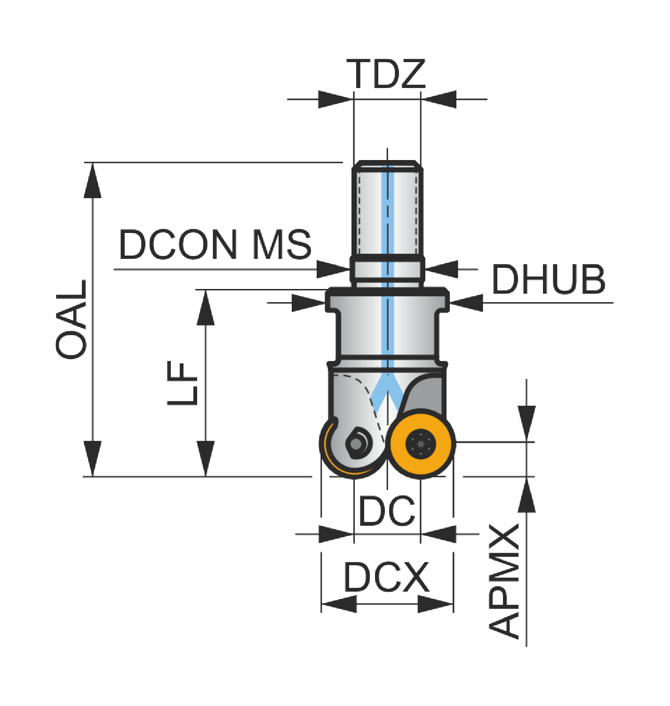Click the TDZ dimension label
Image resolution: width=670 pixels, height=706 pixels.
(x=386, y=74)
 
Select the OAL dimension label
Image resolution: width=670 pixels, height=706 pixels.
(x=72, y=319)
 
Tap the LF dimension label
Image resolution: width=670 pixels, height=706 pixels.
(x=183, y=384)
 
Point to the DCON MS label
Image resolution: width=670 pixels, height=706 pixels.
(x=215, y=245)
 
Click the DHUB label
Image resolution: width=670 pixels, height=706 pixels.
(x=549, y=280)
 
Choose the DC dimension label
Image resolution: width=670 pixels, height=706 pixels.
(x=387, y=511)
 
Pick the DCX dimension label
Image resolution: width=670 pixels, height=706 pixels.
(x=386, y=577)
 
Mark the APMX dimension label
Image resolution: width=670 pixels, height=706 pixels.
(x=504, y=581)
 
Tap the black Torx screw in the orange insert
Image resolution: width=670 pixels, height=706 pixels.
(x=421, y=444)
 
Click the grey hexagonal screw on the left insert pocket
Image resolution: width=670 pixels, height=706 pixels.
(x=356, y=444)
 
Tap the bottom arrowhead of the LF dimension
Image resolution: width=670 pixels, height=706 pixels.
(x=206, y=458)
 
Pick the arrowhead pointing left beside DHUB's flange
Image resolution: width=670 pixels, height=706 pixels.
(x=466, y=303)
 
